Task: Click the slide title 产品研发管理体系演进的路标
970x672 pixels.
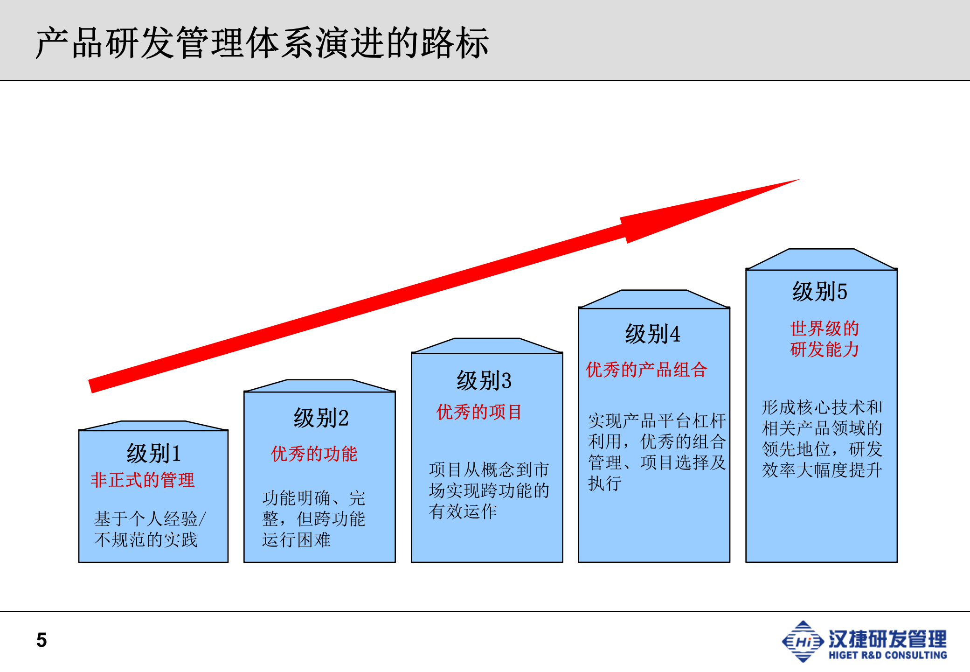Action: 262,43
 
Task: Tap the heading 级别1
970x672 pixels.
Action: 153,453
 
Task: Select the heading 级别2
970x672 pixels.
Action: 321,418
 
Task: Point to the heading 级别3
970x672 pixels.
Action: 484,380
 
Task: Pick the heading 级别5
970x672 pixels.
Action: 819,292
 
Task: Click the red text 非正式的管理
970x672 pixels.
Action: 142,480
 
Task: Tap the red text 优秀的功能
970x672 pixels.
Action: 314,454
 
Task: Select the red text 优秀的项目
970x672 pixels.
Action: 479,412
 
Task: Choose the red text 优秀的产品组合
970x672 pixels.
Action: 646,370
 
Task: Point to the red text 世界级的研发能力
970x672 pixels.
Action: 824,339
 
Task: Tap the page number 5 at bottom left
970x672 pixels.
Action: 42,640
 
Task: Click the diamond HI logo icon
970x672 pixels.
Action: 803,641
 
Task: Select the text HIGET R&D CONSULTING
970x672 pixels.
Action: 887,655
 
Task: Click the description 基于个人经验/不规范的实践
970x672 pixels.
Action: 149,529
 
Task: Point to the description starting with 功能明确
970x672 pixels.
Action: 313,518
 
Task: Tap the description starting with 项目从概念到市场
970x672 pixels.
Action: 489,490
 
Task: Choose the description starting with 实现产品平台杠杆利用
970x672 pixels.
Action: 657,452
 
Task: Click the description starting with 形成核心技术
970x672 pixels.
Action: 822,439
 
